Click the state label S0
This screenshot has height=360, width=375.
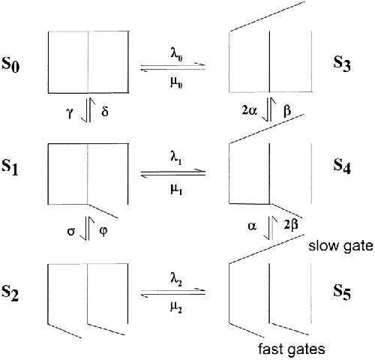coord(10,64)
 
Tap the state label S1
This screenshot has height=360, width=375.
coord(10,167)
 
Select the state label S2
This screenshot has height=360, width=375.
coord(10,293)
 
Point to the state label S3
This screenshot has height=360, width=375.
coord(342,64)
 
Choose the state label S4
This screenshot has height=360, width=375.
coord(342,166)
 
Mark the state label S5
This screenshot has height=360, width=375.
coord(342,292)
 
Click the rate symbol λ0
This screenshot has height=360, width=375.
coord(176,55)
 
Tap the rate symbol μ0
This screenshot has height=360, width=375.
coord(176,82)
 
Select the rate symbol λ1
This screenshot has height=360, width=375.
coord(176,158)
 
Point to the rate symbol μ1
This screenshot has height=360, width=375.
coord(176,189)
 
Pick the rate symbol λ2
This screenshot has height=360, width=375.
coord(176,280)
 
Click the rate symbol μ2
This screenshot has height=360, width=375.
coord(176,307)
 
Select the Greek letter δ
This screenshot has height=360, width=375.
coord(105,111)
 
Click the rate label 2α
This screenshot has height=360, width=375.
coord(249,110)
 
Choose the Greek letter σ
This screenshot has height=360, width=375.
coord(71,232)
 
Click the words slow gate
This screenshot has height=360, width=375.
coord(340,245)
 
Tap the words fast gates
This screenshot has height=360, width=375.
coord(292,349)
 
